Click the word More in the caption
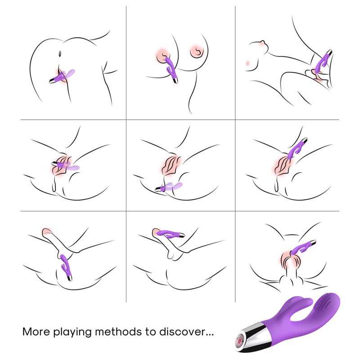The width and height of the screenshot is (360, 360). pyautogui.click(x=36, y=332)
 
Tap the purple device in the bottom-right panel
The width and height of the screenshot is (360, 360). pyautogui.click(x=304, y=249)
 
